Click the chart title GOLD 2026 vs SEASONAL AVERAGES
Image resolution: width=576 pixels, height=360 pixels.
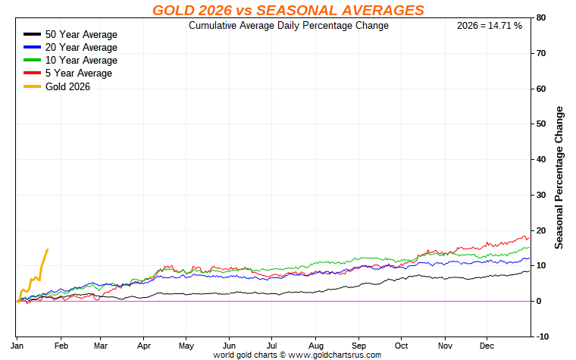(288, 10)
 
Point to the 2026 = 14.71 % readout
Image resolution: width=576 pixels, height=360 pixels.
(490, 26)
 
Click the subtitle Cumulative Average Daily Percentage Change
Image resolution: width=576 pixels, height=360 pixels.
(288, 26)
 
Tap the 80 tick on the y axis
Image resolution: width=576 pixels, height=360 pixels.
(541, 17)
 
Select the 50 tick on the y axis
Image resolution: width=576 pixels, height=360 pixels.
(541, 124)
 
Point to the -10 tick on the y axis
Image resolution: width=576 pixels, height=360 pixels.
(543, 337)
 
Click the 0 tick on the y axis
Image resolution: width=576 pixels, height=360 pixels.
(539, 301)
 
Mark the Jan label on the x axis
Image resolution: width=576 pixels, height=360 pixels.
(17, 345)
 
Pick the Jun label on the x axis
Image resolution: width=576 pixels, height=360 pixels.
(229, 345)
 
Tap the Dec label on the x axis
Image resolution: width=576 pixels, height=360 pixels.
(487, 345)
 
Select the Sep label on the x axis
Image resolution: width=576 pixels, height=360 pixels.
(358, 345)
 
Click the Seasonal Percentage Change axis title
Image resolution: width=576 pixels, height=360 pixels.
(559, 177)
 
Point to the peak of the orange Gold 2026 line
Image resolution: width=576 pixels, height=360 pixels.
(48, 249)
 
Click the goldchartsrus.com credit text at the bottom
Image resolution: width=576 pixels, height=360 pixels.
(297, 355)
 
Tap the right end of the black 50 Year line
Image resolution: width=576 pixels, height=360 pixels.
(529, 271)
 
